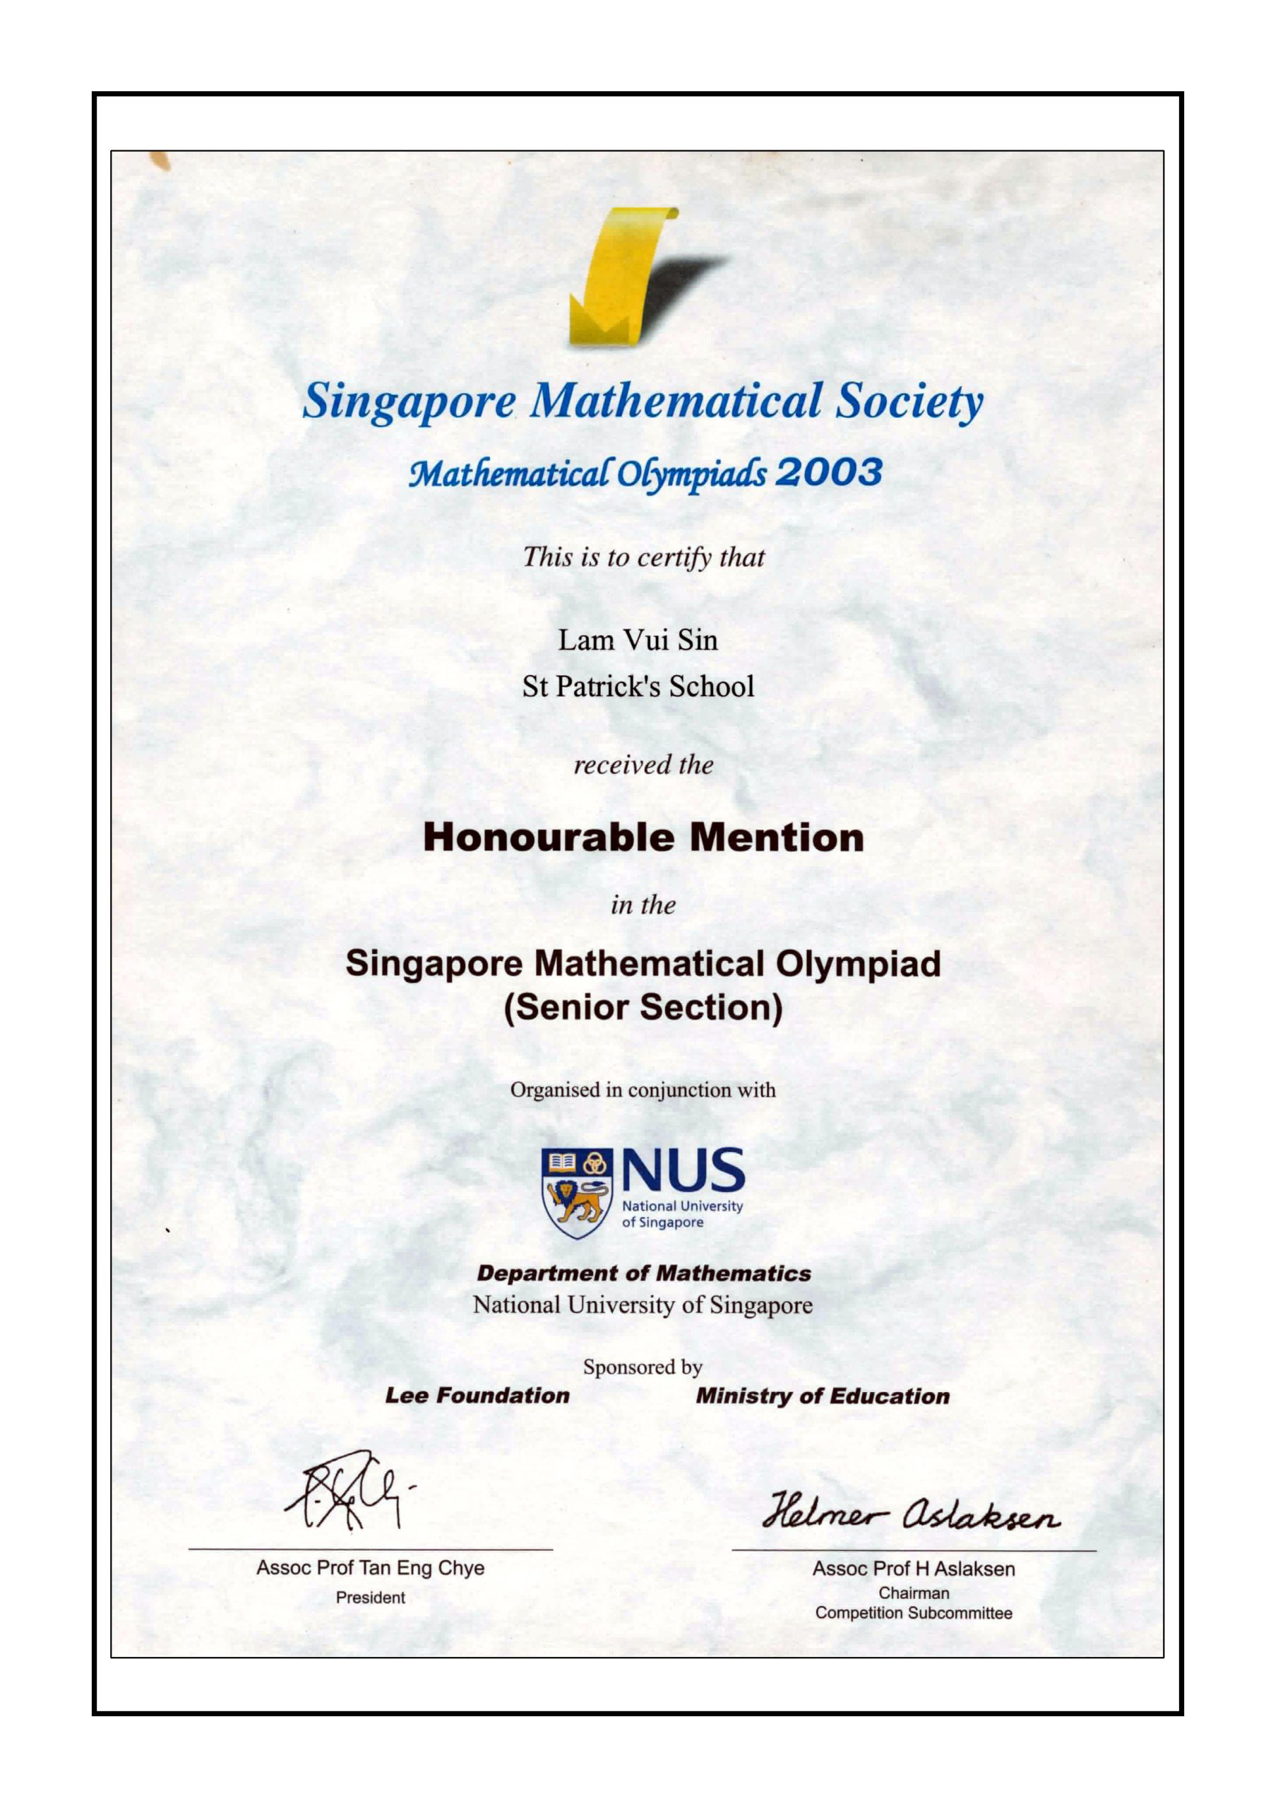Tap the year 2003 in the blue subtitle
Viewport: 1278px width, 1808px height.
[828, 472]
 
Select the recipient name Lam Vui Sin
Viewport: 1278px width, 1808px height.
[638, 640]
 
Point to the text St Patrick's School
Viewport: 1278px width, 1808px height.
[638, 686]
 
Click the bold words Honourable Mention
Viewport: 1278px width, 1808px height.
[643, 838]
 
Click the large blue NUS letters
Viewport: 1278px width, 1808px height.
[683, 1170]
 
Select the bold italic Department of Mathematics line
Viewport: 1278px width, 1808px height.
[643, 1273]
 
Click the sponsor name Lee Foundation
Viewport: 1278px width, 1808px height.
[477, 1396]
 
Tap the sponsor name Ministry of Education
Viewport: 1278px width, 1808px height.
[822, 1396]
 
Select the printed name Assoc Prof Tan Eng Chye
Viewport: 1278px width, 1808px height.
[370, 1568]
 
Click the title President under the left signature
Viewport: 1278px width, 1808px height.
[370, 1598]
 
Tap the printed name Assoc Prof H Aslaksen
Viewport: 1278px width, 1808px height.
[914, 1569]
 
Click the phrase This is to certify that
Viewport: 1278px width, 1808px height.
[643, 557]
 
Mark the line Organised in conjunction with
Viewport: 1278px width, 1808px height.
[643, 1090]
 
